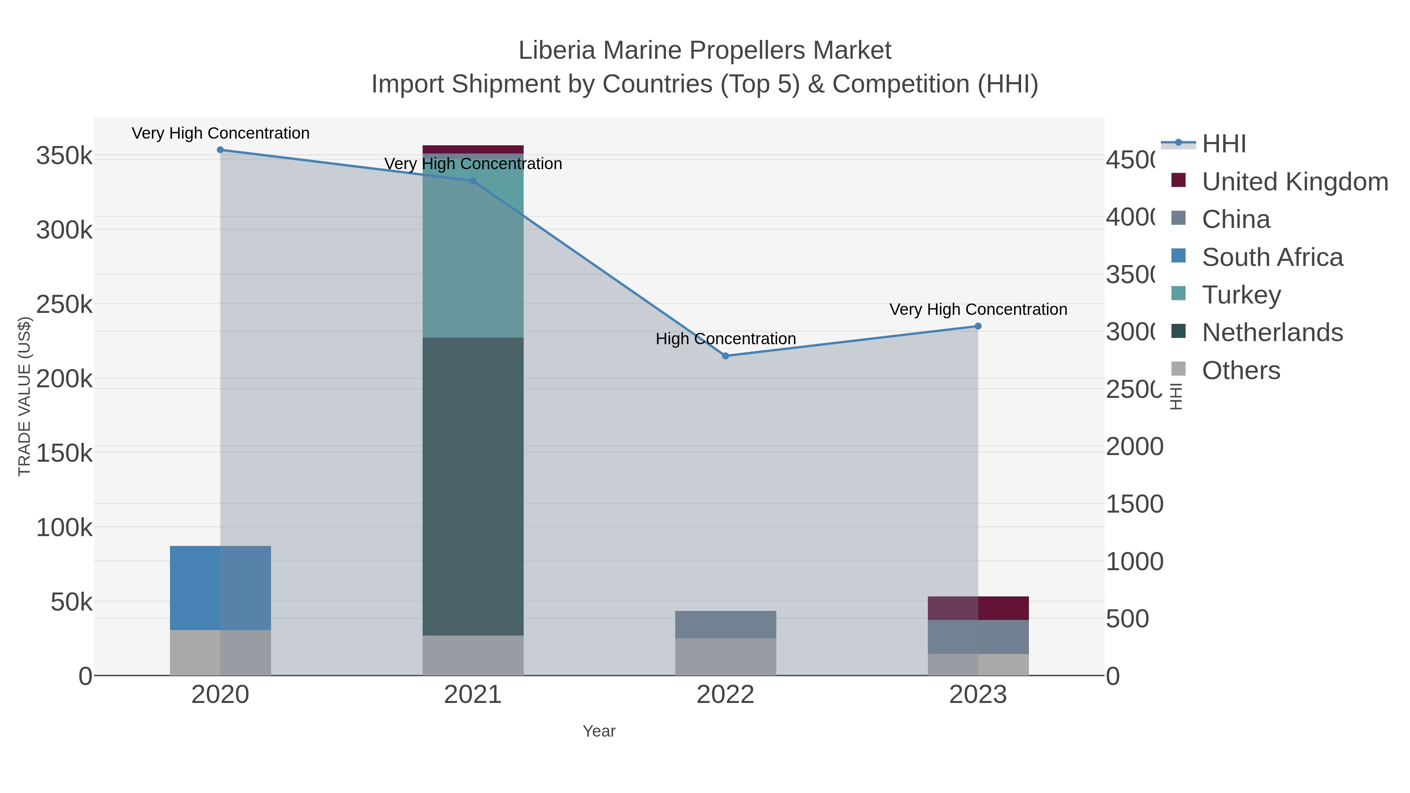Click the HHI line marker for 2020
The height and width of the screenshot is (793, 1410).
click(221, 150)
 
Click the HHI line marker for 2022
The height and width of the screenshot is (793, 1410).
click(725, 356)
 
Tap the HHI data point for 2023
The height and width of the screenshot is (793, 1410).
click(978, 326)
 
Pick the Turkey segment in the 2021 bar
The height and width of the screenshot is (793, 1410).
click(473, 252)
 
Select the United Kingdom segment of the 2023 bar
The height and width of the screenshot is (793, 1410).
click(978, 608)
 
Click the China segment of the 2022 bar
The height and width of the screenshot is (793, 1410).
click(725, 625)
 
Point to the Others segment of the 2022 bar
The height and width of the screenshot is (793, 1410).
click(725, 657)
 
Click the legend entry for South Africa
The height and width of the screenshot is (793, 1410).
click(1272, 257)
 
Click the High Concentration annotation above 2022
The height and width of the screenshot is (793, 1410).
click(725, 339)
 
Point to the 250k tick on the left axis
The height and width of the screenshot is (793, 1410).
click(64, 304)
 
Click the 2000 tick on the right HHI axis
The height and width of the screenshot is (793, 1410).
click(1134, 446)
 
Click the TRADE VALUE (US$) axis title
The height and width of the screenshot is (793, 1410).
click(25, 396)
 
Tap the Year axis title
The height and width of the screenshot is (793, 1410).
click(599, 731)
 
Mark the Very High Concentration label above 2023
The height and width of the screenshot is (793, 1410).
click(978, 309)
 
